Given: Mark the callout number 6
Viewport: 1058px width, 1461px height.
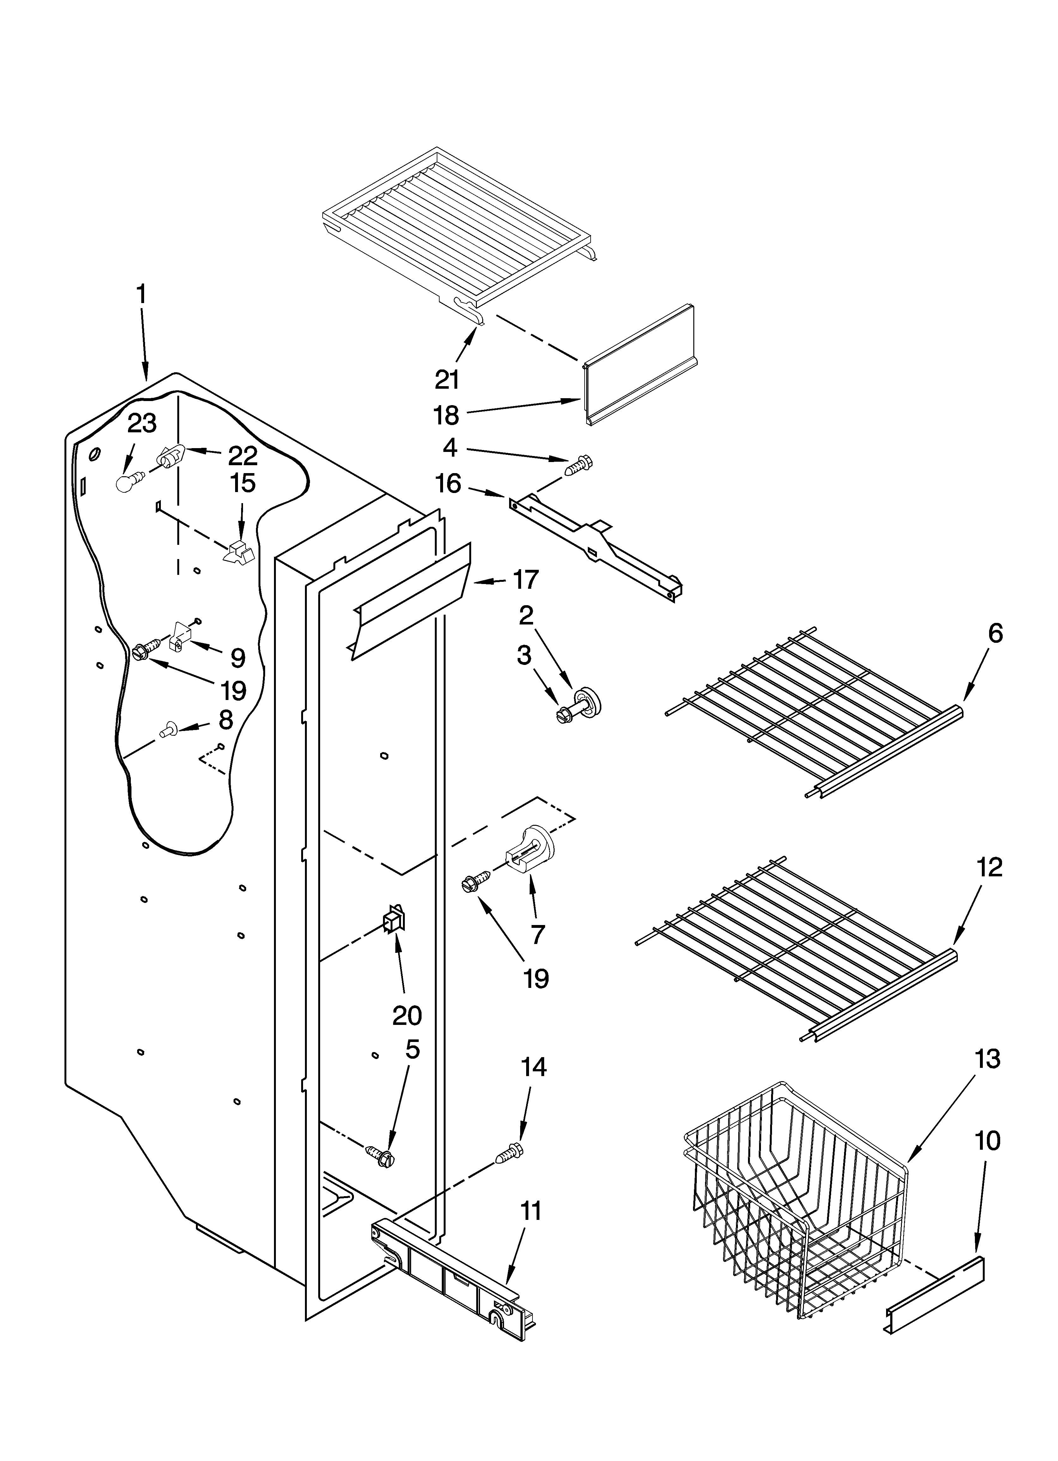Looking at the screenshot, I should tap(995, 635).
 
